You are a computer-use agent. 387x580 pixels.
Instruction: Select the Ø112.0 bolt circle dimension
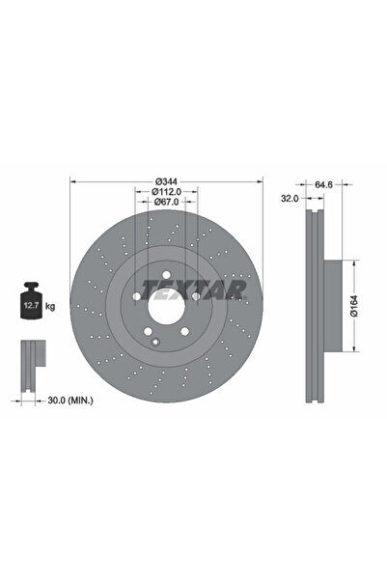point(169,191)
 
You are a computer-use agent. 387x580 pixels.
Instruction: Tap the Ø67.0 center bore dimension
point(169,202)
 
